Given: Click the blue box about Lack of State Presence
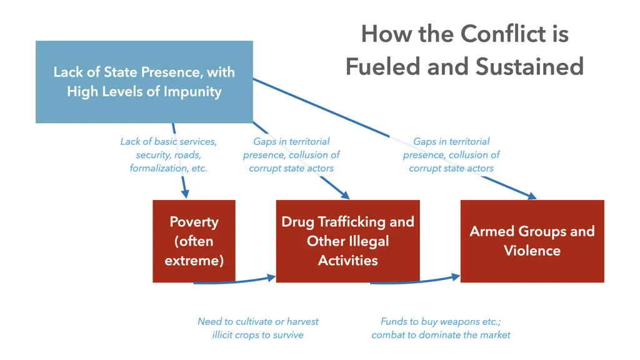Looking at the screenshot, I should click(x=144, y=81).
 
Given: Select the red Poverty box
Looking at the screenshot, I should click(x=194, y=241).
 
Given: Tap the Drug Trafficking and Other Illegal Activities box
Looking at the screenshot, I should click(x=347, y=241).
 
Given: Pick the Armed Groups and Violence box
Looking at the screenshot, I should click(x=532, y=241).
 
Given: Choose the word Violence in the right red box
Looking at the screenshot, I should click(x=532, y=251).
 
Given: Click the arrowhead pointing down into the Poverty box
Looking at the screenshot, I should click(x=185, y=193).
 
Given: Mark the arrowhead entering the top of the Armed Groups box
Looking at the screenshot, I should click(x=531, y=196).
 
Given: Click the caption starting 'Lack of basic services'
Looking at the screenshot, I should click(x=168, y=154).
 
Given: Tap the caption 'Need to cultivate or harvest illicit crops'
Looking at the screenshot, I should click(x=257, y=328).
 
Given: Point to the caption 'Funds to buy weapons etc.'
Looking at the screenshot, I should click(x=441, y=328).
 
